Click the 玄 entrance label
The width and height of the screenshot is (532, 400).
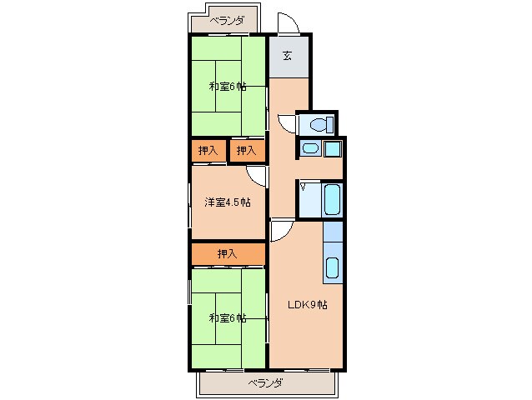(x=287, y=55)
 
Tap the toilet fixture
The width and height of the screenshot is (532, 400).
(x=322, y=124)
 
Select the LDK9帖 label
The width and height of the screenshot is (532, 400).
(x=308, y=305)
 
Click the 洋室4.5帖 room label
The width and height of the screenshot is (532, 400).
(x=228, y=202)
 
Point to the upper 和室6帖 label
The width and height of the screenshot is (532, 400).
(x=228, y=87)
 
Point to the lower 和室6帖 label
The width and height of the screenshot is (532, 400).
(x=228, y=318)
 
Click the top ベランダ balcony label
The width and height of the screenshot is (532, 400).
(x=227, y=22)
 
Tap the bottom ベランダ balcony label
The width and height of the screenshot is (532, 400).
(x=265, y=383)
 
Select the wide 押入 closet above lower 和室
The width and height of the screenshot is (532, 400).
(x=228, y=253)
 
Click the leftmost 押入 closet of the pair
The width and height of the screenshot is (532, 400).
(x=208, y=151)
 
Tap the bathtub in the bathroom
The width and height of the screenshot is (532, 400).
(x=332, y=200)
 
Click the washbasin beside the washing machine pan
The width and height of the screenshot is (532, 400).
(x=310, y=148)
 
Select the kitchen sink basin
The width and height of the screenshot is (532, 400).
(x=332, y=267)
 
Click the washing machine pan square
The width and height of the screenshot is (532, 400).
(x=332, y=148)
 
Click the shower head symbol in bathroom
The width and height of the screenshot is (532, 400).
(x=303, y=187)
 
